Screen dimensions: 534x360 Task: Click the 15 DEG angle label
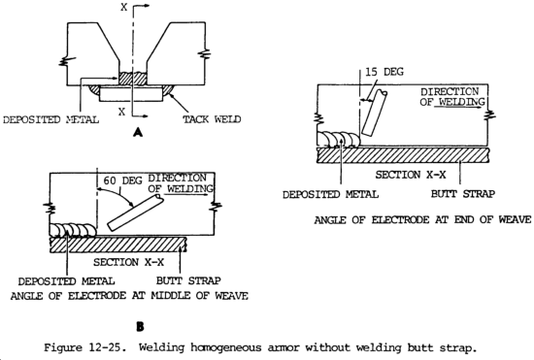click(384, 72)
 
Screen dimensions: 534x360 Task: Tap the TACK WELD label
click(212, 119)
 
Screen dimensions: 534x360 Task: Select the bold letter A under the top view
click(138, 132)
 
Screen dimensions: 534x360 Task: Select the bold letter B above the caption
click(140, 327)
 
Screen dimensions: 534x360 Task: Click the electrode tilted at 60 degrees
click(136, 213)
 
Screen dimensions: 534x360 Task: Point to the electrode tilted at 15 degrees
click(374, 113)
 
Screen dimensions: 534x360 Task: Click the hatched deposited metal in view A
click(133, 79)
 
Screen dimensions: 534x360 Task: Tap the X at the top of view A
click(124, 7)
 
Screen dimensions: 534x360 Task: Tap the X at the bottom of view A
click(121, 112)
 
